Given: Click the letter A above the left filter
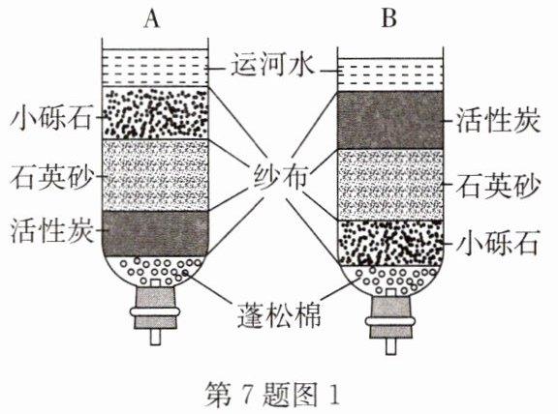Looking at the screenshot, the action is pyautogui.click(x=151, y=18).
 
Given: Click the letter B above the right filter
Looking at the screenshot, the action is pyautogui.click(x=388, y=17).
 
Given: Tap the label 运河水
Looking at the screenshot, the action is pyautogui.click(x=272, y=65).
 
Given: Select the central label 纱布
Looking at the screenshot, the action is pyautogui.click(x=280, y=176).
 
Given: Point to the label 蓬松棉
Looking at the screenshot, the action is pyautogui.click(x=279, y=315).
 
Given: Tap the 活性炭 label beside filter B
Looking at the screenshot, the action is pyautogui.click(x=498, y=120).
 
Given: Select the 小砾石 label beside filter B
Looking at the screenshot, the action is pyautogui.click(x=497, y=243).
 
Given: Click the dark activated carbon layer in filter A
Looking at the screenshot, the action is pyautogui.click(x=155, y=233).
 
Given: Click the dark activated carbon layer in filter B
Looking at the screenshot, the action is pyautogui.click(x=390, y=120).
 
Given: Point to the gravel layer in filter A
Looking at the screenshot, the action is pyautogui.click(x=155, y=112).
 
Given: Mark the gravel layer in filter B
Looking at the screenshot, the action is pyautogui.click(x=390, y=243).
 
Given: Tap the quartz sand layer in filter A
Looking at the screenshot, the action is pyautogui.click(x=155, y=175).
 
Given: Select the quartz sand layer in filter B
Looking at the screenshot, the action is pyautogui.click(x=390, y=185).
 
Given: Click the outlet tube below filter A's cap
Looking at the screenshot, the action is pyautogui.click(x=155, y=337).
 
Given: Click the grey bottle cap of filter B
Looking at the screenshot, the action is pyautogui.click(x=390, y=317).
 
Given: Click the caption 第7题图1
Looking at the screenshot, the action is pyautogui.click(x=272, y=396).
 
